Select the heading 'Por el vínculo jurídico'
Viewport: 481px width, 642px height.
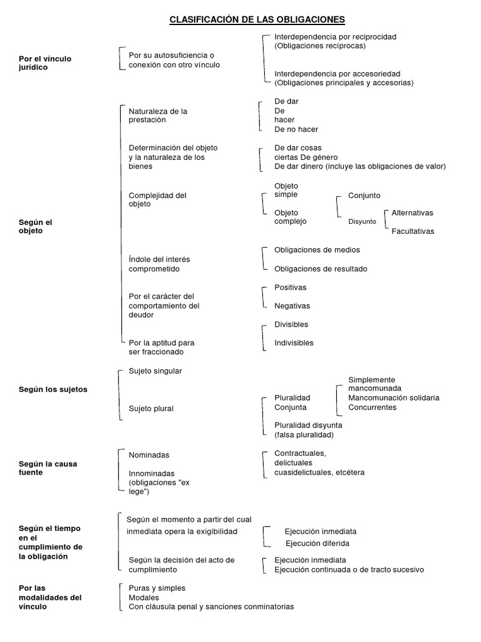click(45, 63)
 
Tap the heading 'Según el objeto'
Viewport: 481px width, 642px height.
click(36, 226)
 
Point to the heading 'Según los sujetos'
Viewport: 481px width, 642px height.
click(53, 389)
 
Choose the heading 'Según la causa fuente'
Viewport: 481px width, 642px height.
click(48, 468)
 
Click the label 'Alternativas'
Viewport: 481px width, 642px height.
click(412, 213)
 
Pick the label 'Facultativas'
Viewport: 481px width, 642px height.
click(413, 231)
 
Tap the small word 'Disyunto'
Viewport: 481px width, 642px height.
click(362, 221)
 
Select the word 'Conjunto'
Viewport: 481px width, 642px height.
click(364, 196)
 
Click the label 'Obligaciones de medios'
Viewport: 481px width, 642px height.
click(317, 250)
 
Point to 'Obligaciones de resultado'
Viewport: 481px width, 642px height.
click(321, 269)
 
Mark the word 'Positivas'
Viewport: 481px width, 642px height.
click(291, 287)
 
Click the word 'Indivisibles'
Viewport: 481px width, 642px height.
click(294, 343)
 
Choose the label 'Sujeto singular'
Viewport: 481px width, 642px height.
click(155, 371)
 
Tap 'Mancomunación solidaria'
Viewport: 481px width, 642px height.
click(393, 398)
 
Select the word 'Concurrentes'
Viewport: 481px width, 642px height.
click(372, 408)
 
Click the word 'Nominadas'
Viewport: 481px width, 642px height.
click(149, 455)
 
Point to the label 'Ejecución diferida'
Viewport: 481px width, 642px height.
click(318, 544)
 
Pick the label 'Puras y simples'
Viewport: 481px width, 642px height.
click(157, 588)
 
